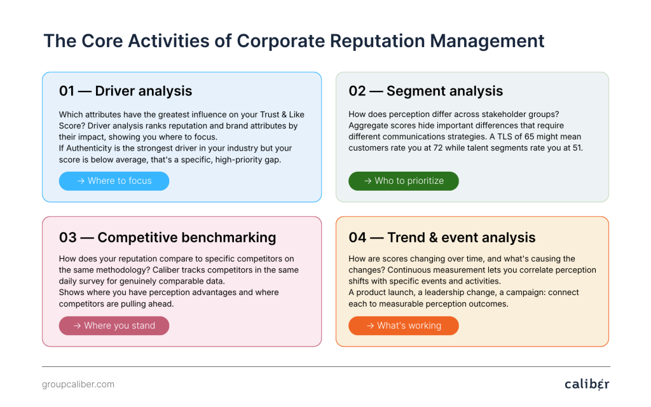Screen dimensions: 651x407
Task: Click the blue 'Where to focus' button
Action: click(114, 181)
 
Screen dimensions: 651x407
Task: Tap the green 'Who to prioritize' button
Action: click(404, 181)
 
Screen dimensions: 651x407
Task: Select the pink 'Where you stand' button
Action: click(114, 326)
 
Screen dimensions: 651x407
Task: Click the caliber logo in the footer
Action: click(587, 384)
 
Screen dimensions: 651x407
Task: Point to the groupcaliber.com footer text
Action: click(78, 384)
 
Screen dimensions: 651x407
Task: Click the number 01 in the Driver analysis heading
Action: click(66, 91)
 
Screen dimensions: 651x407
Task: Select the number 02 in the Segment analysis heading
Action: click(357, 91)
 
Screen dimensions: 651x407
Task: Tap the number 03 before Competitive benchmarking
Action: click(67, 238)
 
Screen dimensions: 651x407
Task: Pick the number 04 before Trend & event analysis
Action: click(357, 238)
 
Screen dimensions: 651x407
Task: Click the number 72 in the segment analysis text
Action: click(438, 148)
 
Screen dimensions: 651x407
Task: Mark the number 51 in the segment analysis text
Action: click(577, 148)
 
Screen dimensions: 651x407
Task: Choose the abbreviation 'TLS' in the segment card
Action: click(504, 137)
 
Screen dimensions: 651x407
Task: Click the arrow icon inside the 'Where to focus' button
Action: click(81, 181)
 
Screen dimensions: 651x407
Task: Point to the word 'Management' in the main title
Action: click(487, 41)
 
